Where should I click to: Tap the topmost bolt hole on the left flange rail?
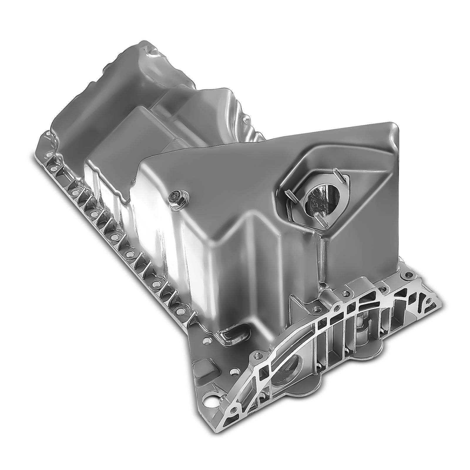(x=47, y=135)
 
